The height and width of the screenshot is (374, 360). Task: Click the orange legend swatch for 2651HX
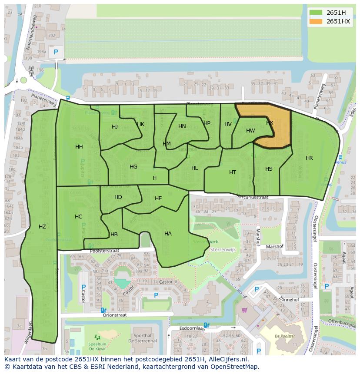click(x=316, y=21)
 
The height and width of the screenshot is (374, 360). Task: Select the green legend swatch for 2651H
click(x=316, y=13)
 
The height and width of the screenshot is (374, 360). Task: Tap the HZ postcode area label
click(x=42, y=226)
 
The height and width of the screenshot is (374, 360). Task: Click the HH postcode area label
click(x=79, y=147)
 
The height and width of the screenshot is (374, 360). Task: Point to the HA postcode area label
click(x=168, y=234)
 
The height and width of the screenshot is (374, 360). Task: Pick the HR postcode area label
click(x=309, y=158)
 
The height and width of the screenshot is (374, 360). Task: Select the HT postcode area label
click(x=233, y=172)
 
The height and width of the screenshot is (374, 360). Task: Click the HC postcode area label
click(x=78, y=217)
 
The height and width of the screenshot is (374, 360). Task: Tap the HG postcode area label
click(x=133, y=167)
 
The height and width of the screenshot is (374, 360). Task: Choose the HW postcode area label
click(x=250, y=131)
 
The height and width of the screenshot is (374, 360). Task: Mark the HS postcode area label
click(x=269, y=169)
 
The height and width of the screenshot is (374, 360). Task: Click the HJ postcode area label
click(x=115, y=127)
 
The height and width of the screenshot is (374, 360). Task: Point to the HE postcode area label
click(x=158, y=199)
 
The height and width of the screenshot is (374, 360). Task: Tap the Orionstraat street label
click(x=114, y=315)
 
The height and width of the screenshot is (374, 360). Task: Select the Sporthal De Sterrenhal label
click(x=143, y=338)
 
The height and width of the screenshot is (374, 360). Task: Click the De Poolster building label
click(x=285, y=336)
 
